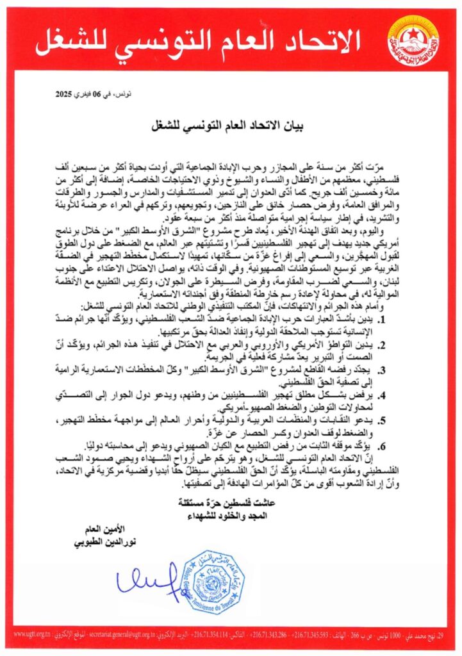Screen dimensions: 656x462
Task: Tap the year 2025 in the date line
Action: tap(65, 94)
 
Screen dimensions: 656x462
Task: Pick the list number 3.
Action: tap(399, 370)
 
